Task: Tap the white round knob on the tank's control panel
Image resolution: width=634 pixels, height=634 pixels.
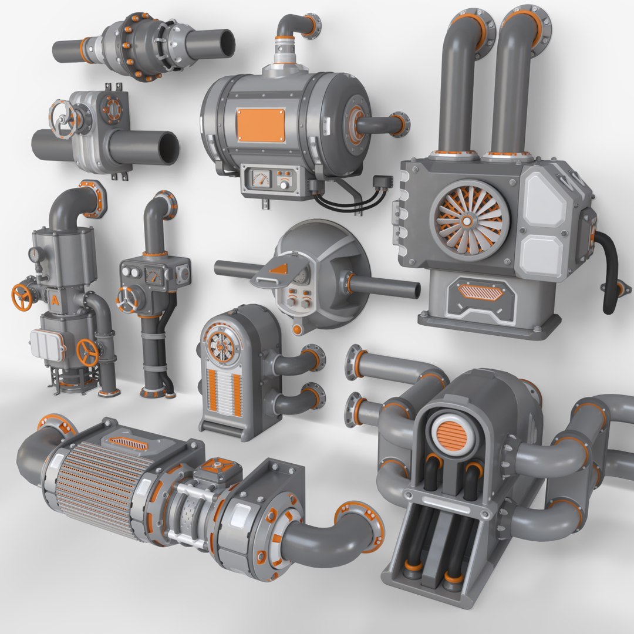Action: [x=284, y=184]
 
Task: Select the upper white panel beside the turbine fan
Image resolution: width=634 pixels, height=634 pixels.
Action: [x=544, y=199]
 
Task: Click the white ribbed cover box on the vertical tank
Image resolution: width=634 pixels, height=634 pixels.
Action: [x=48, y=345]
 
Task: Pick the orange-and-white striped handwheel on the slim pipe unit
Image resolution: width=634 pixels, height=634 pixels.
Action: [x=127, y=301]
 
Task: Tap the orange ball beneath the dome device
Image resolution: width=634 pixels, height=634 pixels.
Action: [x=298, y=329]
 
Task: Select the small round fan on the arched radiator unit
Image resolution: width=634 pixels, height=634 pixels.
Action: [x=221, y=347]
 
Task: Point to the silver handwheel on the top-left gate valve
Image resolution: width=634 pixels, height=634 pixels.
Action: [x=62, y=118]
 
